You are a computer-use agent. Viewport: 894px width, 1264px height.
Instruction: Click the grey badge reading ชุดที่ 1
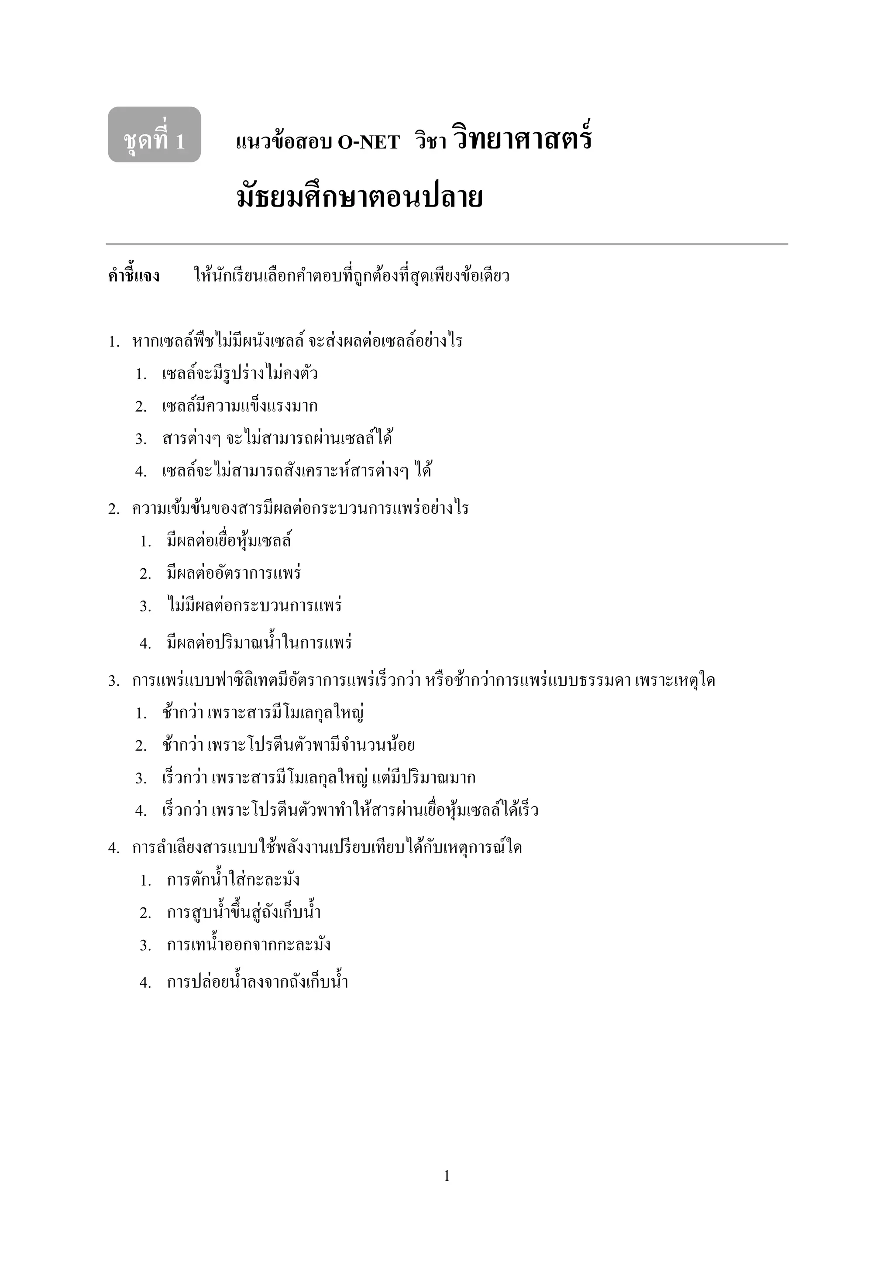tap(154, 135)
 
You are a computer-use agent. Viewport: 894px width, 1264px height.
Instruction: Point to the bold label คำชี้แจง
tap(134, 275)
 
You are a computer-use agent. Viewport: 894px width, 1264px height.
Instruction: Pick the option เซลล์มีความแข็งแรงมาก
tap(240, 406)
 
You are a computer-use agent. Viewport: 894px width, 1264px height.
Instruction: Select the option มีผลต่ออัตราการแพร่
tap(234, 573)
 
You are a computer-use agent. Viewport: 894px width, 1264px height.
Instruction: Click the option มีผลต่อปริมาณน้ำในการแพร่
tap(259, 642)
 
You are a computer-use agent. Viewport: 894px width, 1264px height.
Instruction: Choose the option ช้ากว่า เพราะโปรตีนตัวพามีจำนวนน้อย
tap(288, 745)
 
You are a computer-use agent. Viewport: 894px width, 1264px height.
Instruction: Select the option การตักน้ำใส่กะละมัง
tap(233, 880)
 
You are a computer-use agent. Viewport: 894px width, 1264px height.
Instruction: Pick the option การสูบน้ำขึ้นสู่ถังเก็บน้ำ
tap(243, 912)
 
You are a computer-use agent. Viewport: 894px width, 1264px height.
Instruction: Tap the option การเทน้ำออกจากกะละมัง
tap(248, 945)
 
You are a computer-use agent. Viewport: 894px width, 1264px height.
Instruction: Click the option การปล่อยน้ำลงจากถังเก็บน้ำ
tap(257, 982)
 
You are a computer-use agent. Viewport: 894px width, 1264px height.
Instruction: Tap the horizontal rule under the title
tap(447, 244)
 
